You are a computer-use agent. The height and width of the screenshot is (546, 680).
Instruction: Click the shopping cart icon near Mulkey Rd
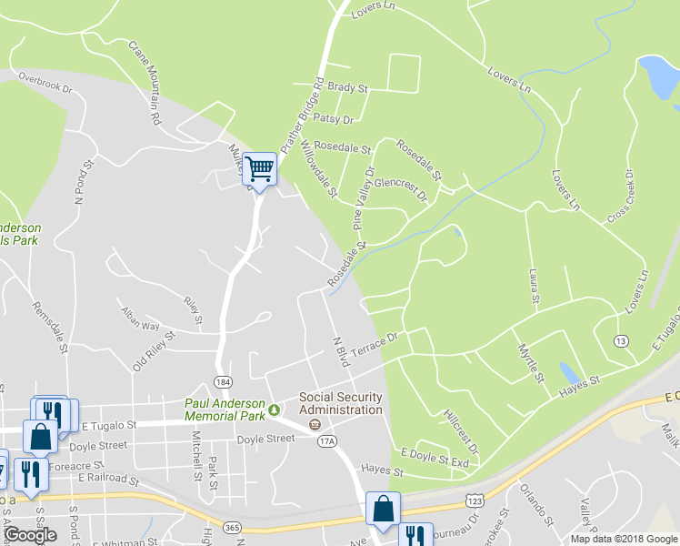(x=260, y=169)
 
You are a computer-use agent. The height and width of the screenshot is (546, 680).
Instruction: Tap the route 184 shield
(x=222, y=379)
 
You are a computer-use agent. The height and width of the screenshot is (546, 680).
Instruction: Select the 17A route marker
(x=327, y=441)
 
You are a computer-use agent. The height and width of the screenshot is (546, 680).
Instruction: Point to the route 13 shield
(x=621, y=340)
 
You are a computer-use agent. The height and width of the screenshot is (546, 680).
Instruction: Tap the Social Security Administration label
(x=341, y=403)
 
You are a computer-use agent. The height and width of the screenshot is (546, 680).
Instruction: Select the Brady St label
(x=347, y=89)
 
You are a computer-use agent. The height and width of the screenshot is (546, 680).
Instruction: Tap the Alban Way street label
(x=140, y=318)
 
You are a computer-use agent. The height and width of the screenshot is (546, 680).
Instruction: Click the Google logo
(x=31, y=535)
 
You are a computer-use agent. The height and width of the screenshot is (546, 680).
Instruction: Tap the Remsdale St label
(x=51, y=328)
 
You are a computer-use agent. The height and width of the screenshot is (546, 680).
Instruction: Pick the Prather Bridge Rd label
(x=303, y=114)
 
